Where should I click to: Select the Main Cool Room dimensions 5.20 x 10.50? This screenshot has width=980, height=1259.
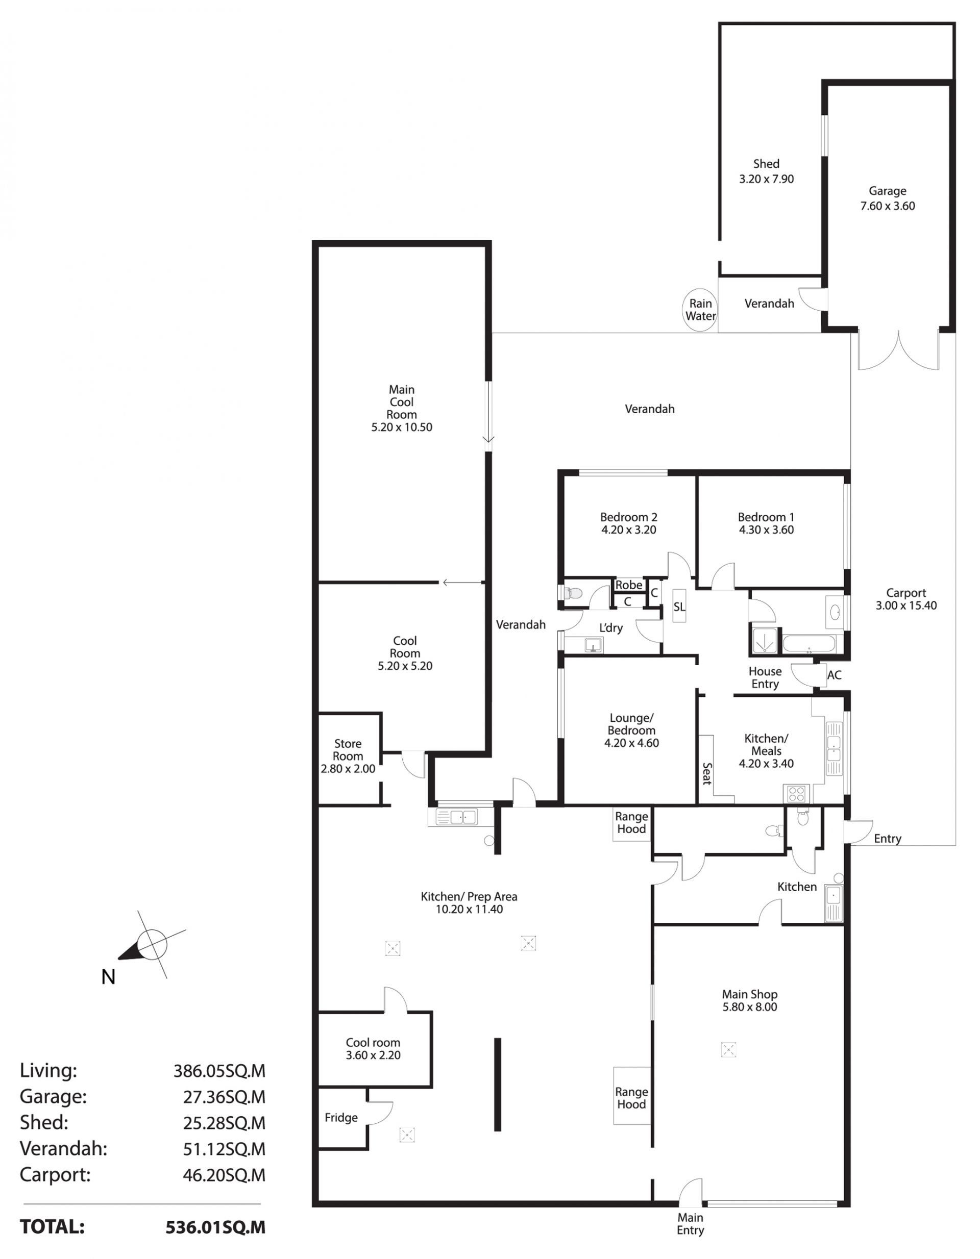pyautogui.click(x=402, y=427)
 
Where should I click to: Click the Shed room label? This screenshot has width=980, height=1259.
pyautogui.click(x=766, y=164)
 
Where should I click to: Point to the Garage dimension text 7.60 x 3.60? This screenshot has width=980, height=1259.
pyautogui.click(x=887, y=206)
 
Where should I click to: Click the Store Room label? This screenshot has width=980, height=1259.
pyautogui.click(x=348, y=750)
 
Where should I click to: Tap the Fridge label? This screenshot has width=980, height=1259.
pyautogui.click(x=341, y=1118)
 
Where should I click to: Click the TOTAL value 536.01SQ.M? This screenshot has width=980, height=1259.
pyautogui.click(x=216, y=1227)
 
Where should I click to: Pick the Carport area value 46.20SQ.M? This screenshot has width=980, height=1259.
pyautogui.click(x=225, y=1175)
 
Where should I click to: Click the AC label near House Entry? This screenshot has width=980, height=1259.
pyautogui.click(x=834, y=675)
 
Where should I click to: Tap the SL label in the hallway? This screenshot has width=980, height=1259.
pyautogui.click(x=679, y=607)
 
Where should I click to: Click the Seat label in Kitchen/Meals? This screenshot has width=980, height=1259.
pyautogui.click(x=706, y=774)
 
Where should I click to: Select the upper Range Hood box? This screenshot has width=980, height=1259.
pyautogui.click(x=631, y=824)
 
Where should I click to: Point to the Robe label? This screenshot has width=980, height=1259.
pyautogui.click(x=629, y=585)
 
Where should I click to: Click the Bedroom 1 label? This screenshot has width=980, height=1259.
pyautogui.click(x=766, y=517)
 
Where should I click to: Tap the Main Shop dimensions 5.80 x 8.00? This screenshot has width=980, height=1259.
pyautogui.click(x=750, y=1007)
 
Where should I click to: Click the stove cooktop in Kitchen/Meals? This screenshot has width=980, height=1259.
pyautogui.click(x=797, y=794)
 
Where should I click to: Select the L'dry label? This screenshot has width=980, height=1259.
pyautogui.click(x=611, y=628)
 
